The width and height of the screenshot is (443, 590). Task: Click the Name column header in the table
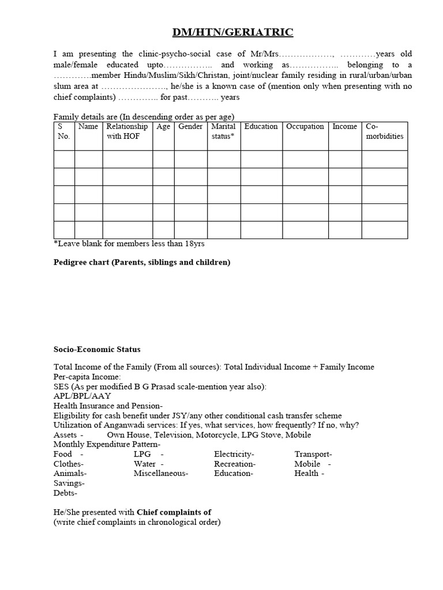pos(88,126)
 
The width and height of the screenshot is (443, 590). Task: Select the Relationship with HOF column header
pos(127,131)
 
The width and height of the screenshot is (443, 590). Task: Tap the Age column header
pos(163,126)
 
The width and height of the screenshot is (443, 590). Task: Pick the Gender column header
pos(190,126)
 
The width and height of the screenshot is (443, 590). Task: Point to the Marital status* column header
pos(223,131)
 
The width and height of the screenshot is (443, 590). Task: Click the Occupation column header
pos(305,126)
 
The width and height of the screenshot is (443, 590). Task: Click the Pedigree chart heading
pos(142,262)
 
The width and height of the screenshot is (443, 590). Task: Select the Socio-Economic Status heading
pos(97,349)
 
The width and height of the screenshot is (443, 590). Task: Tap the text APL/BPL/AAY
pos(82,396)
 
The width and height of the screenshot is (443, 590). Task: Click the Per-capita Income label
pos(87,376)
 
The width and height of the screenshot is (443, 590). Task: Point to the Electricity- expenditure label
pos(234,455)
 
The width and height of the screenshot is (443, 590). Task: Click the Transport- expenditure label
pos(313,455)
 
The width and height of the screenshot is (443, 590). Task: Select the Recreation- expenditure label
pos(235,464)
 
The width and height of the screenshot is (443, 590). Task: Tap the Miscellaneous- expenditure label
pos(161,473)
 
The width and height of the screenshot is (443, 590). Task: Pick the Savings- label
pos(69,483)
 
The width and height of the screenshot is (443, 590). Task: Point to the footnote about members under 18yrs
pos(129,243)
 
